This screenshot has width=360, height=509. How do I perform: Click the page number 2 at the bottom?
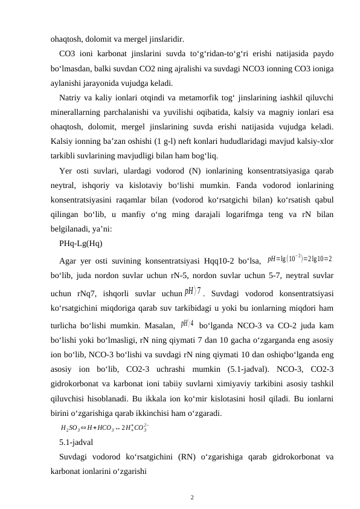tap(191, 498)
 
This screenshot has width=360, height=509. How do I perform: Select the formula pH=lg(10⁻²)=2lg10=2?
tap(300, 242)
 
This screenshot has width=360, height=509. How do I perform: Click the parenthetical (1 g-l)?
tap(172, 138)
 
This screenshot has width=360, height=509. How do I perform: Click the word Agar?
tap(69, 244)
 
